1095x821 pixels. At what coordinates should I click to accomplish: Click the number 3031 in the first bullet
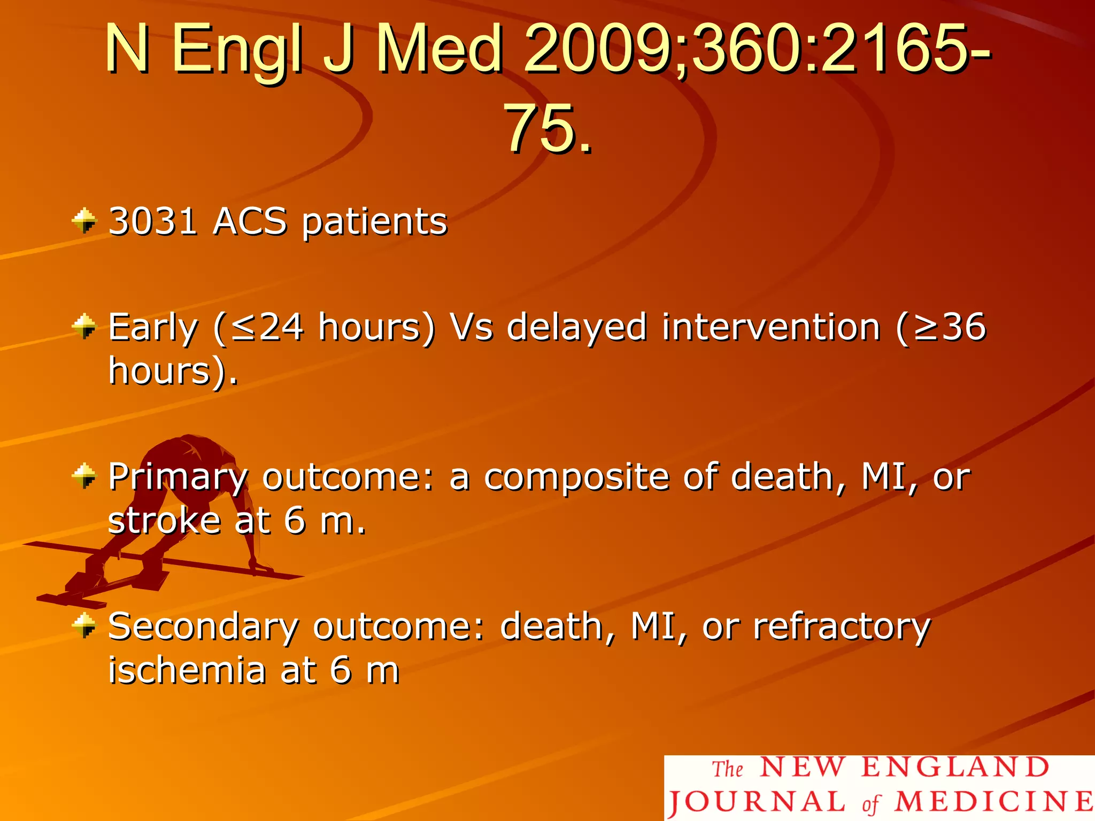pos(153,221)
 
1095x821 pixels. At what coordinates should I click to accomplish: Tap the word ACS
pos(250,221)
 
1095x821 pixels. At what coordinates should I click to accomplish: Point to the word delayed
pos(577,327)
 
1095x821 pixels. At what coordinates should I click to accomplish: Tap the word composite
pos(577,477)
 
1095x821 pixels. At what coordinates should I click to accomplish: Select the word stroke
pos(165,521)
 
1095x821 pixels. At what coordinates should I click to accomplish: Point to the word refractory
pos(842,626)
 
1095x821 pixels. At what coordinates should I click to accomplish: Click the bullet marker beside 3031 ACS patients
pos(84,221)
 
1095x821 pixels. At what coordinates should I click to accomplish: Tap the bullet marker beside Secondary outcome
pos(84,625)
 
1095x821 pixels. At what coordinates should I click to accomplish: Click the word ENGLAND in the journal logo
pos(955,768)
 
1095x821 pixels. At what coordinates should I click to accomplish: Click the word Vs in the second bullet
pos(471,327)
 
